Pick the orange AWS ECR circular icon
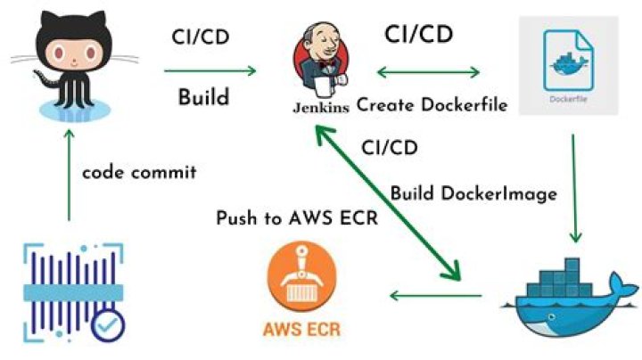[x=300, y=284]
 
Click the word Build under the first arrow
[x=204, y=96]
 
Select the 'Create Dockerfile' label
[x=432, y=104]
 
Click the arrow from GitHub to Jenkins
[x=210, y=69]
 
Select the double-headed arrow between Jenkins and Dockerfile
[x=431, y=69]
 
